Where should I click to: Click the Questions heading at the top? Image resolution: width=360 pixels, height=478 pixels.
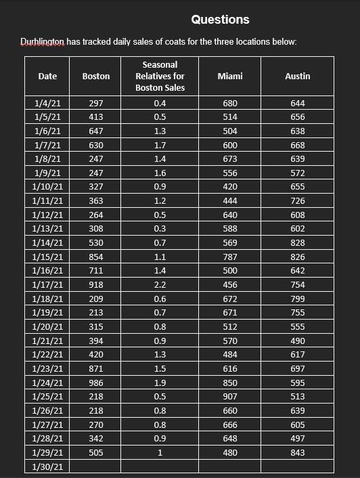220,20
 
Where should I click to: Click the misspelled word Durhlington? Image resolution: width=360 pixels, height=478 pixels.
43,42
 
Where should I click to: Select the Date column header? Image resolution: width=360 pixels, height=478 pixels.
47,77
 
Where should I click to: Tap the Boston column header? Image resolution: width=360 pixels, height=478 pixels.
95,77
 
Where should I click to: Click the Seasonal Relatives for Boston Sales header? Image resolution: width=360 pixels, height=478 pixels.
160,77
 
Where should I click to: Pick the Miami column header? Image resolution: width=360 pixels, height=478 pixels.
230,77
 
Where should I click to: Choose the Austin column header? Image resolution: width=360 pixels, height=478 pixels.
298,77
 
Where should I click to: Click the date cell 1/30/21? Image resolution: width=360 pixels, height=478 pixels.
47,467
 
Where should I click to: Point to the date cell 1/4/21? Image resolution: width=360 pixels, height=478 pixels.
47,104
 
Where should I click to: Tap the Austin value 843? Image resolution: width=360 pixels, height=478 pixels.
298,453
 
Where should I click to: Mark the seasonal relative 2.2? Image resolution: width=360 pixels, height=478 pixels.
160,285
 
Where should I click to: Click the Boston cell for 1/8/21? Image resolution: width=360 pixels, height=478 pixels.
95,159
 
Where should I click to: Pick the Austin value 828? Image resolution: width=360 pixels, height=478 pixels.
298,243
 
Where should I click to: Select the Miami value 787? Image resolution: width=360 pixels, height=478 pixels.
230,257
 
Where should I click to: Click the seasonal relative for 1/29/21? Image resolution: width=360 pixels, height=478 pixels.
160,453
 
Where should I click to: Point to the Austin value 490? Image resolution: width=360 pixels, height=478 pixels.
298,341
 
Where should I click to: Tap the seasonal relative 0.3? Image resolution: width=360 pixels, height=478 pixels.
160,229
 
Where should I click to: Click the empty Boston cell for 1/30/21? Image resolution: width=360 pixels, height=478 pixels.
95,467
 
